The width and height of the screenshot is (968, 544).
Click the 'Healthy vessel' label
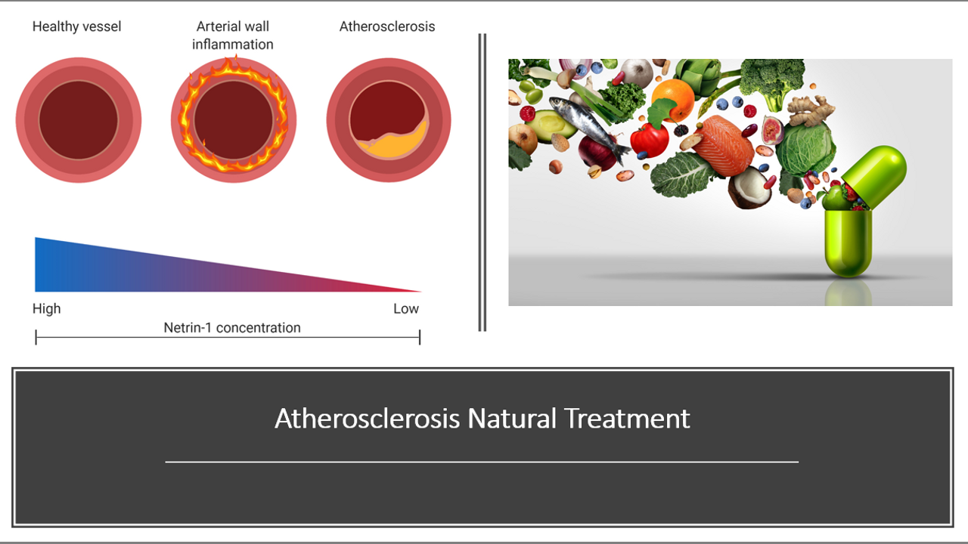click(x=76, y=26)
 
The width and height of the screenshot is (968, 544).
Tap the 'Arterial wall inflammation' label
click(x=232, y=36)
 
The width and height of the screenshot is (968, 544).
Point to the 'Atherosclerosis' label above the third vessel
click(x=386, y=26)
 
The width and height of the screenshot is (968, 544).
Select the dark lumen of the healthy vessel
click(x=78, y=120)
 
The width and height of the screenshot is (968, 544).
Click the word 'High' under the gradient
click(x=47, y=309)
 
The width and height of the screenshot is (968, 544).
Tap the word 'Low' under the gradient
click(x=406, y=309)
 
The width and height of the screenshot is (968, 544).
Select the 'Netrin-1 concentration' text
click(x=232, y=328)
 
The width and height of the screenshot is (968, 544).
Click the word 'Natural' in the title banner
click(x=512, y=419)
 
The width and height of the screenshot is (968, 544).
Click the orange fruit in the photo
click(x=672, y=100)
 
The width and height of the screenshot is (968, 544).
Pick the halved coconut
click(x=749, y=188)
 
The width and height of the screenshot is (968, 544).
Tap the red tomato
click(x=649, y=140)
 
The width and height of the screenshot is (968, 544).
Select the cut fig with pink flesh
click(x=773, y=129)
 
